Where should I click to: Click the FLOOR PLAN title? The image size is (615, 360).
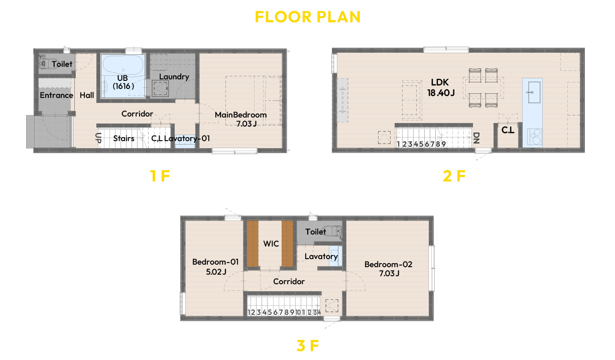pyautogui.click(x=307, y=17)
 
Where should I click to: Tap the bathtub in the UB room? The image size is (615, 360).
pyautogui.click(x=123, y=65)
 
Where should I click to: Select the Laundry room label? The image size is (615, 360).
pyautogui.click(x=174, y=77)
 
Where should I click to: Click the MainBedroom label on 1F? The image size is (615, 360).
pyautogui.click(x=240, y=115)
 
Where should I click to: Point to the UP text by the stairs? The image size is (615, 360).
pyautogui.click(x=98, y=138)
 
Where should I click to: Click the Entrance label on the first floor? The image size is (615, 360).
pyautogui.click(x=56, y=95)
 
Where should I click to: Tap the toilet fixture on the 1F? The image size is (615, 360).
pyautogui.click(x=49, y=63)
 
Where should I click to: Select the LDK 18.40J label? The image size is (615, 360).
pyautogui.click(x=441, y=87)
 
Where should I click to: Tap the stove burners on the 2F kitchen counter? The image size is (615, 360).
pyautogui.click(x=535, y=137)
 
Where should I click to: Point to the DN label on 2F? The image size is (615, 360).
pyautogui.click(x=476, y=138)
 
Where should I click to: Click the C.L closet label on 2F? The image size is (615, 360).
pyautogui.click(x=508, y=130)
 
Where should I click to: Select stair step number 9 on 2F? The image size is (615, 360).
pyautogui.click(x=443, y=144)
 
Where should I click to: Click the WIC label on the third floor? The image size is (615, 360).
pyautogui.click(x=271, y=244)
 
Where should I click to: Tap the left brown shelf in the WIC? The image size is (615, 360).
pyautogui.click(x=253, y=244)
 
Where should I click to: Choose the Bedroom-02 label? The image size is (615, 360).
pyautogui.click(x=388, y=265)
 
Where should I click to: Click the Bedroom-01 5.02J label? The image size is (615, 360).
pyautogui.click(x=215, y=267)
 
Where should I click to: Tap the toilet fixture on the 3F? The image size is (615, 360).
pyautogui.click(x=332, y=231)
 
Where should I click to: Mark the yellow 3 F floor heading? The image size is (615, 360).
pyautogui.click(x=308, y=345)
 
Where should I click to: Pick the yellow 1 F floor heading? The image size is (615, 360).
pyautogui.click(x=160, y=176)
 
